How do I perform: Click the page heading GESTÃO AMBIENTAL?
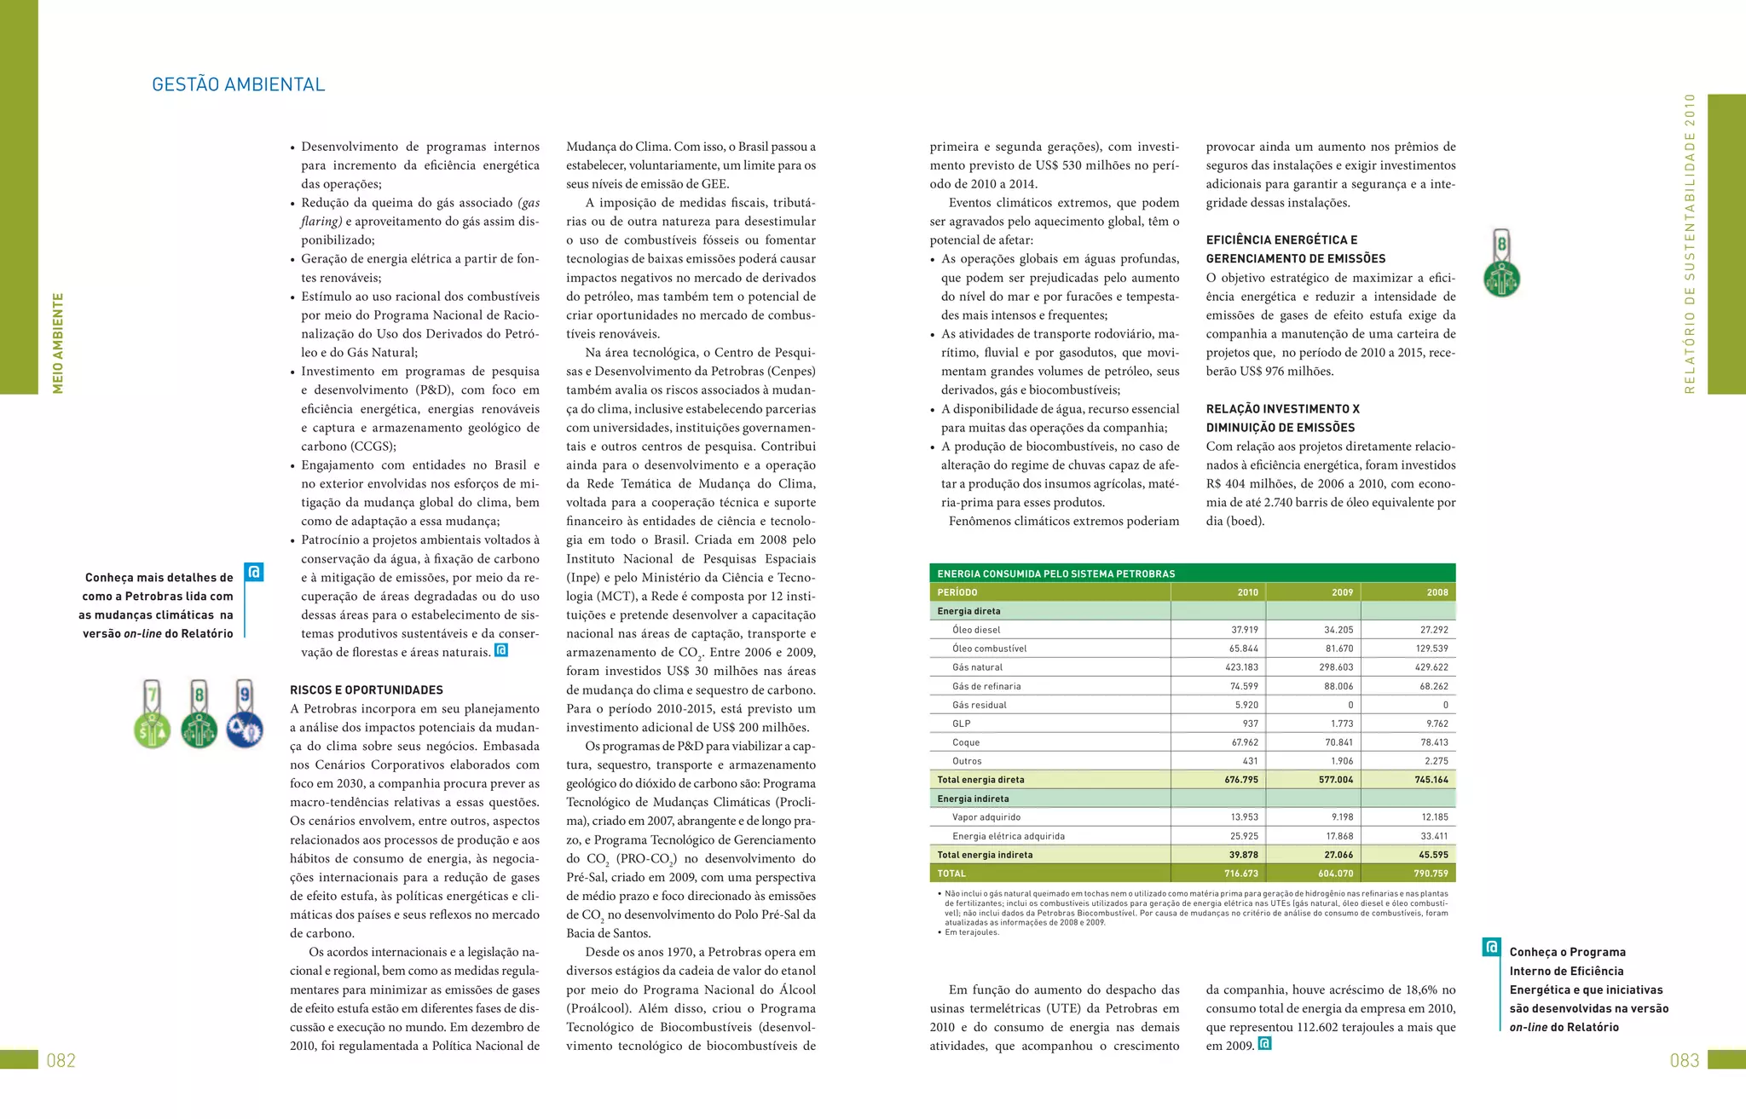point(238,84)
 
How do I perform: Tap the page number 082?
point(61,1060)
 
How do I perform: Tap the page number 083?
point(1685,1060)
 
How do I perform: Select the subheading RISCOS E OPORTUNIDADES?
point(366,690)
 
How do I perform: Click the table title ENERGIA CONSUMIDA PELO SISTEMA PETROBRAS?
point(1055,574)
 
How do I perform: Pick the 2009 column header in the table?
point(1342,592)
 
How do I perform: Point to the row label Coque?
point(966,742)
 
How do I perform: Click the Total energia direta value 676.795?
point(1240,780)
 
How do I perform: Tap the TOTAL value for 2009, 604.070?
point(1335,874)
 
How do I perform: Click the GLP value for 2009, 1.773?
point(1341,724)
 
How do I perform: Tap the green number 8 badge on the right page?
point(1501,263)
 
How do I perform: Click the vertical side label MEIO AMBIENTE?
point(58,343)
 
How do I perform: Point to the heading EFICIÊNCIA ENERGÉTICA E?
point(1281,240)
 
